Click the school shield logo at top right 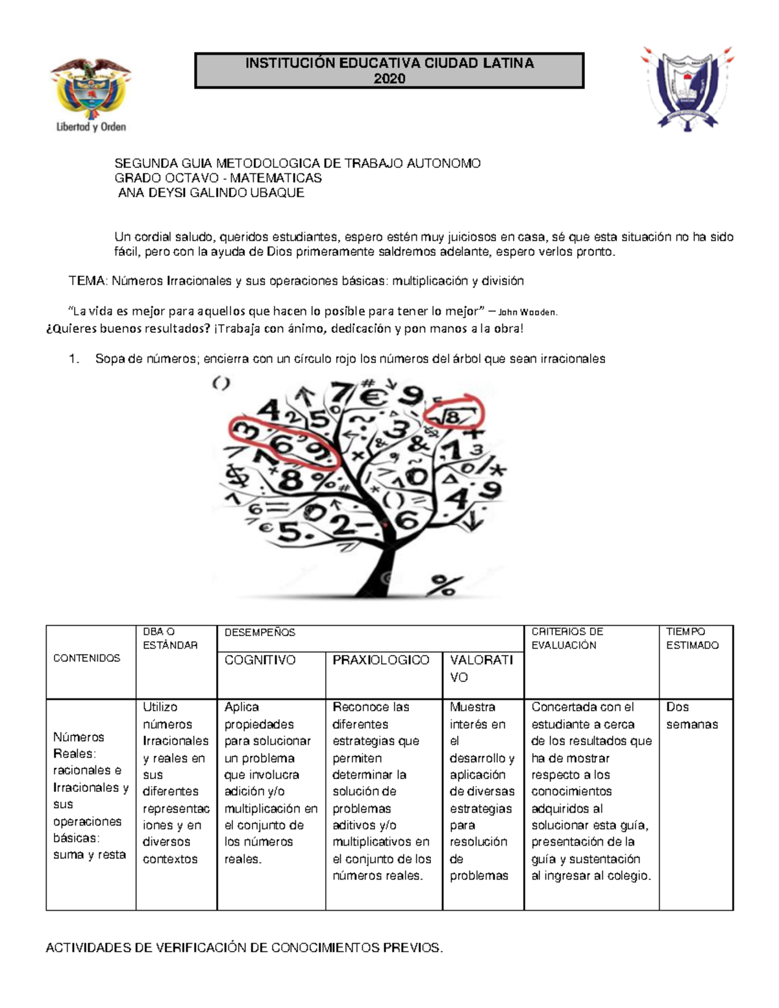[x=687, y=89]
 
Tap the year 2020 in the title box [x=389, y=79]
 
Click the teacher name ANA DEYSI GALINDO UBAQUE [x=211, y=193]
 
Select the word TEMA [x=88, y=281]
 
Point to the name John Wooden [x=526, y=312]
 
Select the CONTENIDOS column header [x=87, y=658]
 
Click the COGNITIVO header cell [x=260, y=660]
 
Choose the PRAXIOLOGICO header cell [x=381, y=660]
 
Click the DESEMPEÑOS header [x=260, y=632]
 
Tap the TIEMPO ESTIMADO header [x=692, y=638]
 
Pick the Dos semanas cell [x=692, y=715]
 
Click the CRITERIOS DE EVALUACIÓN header [x=567, y=638]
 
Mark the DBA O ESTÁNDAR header [x=170, y=638]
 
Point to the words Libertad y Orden [x=91, y=127]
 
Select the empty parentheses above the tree [x=221, y=384]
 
